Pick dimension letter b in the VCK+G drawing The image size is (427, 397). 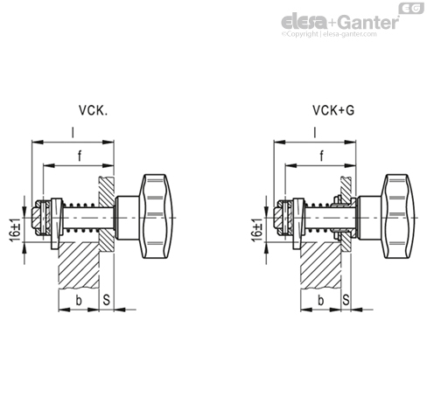coord(320,300)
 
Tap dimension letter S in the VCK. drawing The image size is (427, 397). coord(108,300)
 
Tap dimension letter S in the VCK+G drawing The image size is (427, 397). coord(346,300)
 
